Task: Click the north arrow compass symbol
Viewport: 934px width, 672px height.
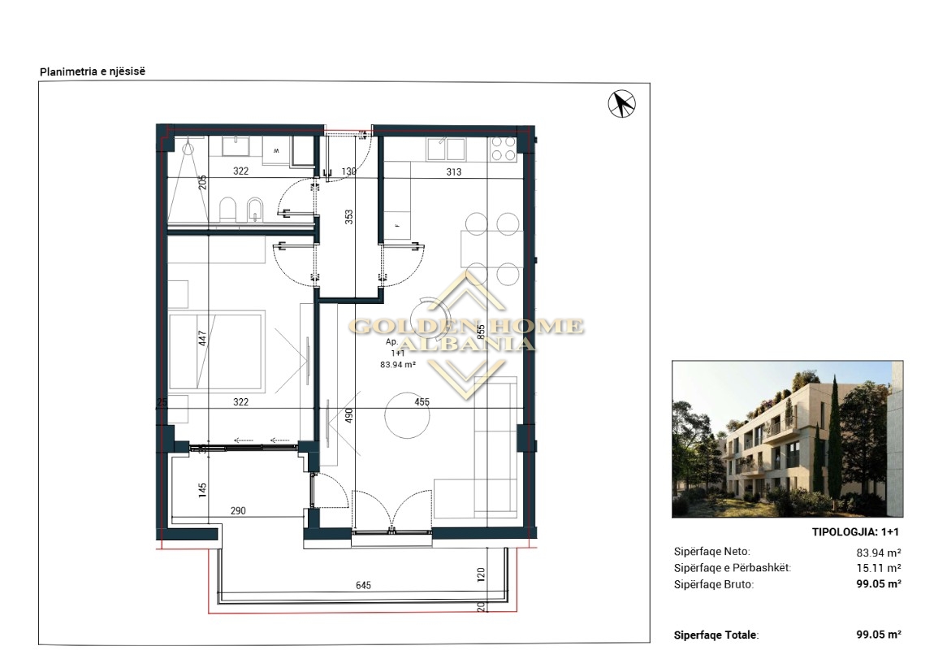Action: pos(621,104)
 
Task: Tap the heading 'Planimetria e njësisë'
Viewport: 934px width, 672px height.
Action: pos(93,72)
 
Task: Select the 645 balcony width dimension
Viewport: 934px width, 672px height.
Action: pos(363,586)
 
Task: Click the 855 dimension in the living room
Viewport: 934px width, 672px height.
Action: pos(482,332)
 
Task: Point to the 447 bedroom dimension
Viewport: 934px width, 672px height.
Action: pos(202,338)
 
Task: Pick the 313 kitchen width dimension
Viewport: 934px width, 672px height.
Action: pos(454,171)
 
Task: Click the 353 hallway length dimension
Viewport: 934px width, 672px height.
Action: pos(349,217)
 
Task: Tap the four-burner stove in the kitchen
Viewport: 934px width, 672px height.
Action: pos(503,149)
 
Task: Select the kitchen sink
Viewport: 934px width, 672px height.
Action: pos(447,149)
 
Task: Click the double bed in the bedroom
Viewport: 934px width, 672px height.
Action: pos(217,352)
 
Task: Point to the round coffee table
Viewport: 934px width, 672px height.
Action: pos(407,415)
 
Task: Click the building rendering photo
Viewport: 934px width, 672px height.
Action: pos(788,439)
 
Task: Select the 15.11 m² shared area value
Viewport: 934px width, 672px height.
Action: pos(879,568)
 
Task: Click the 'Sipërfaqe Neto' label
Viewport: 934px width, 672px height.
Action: pos(711,552)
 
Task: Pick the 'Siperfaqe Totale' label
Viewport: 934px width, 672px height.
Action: pos(716,635)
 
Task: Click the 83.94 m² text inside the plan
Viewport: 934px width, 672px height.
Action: pos(398,365)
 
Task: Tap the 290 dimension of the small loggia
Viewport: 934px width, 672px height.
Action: pos(238,510)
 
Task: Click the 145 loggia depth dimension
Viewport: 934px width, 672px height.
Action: pos(202,490)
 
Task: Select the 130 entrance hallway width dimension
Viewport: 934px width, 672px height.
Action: pos(348,171)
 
